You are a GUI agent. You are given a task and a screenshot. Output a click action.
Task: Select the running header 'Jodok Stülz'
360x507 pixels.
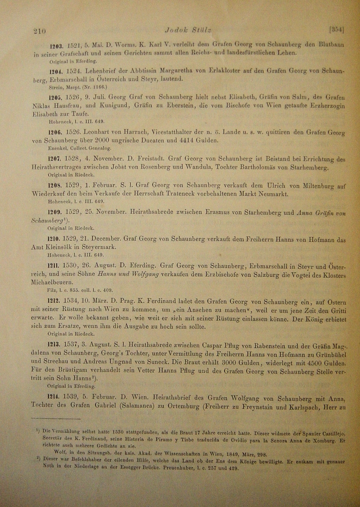pos(188,30)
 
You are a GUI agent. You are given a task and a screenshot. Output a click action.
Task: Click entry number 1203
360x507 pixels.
pos(56,45)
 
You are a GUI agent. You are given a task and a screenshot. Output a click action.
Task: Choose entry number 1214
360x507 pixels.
pos(54,396)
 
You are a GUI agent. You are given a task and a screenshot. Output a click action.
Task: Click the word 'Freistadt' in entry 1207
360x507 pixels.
pos(152,159)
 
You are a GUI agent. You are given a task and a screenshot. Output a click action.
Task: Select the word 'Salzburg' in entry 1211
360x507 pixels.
pos(230,274)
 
